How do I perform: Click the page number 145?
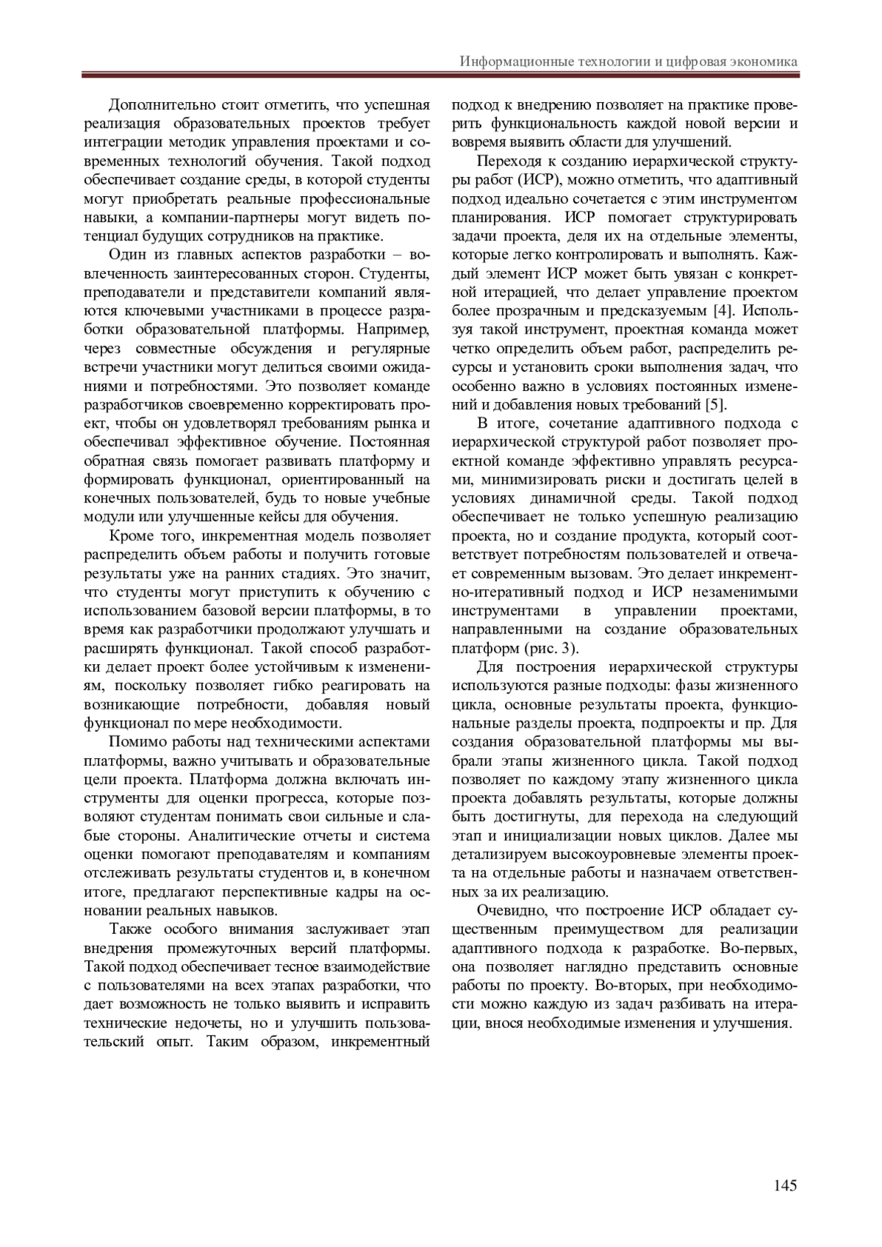click(x=784, y=1185)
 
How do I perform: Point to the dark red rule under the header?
click(x=441, y=74)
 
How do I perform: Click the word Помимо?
click(x=135, y=741)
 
